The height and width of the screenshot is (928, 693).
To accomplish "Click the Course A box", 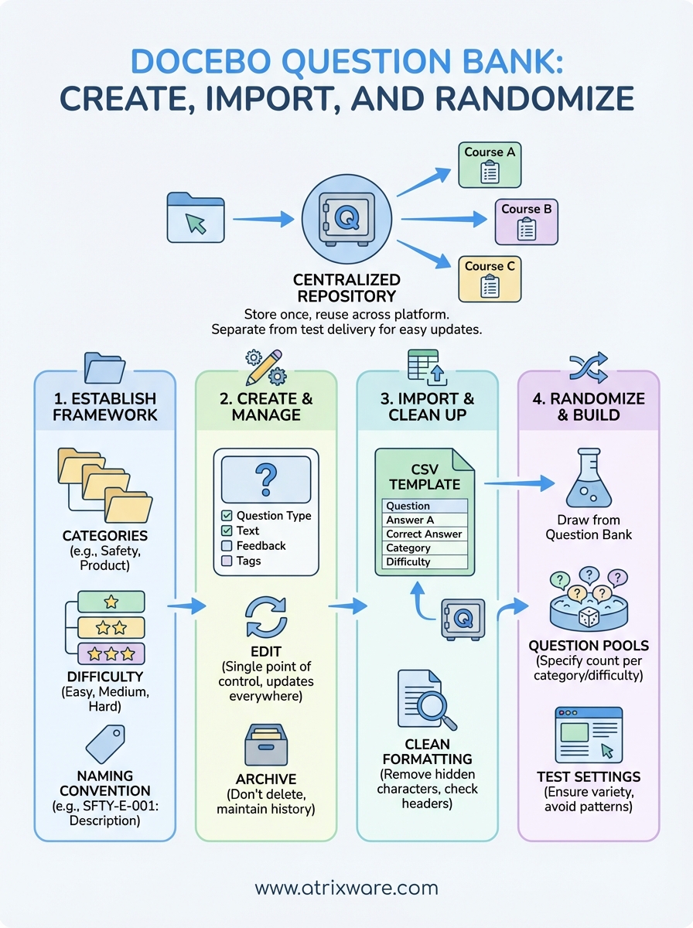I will point(489,165).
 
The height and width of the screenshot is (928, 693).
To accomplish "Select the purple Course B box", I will point(526,220).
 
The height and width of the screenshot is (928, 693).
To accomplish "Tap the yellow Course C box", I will point(489,278).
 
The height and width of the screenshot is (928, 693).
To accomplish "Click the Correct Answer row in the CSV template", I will point(424,534).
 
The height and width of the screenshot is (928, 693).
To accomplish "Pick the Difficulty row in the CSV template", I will point(424,562).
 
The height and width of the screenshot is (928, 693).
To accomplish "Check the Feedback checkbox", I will point(227,546).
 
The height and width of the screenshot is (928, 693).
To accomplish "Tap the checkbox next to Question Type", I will point(227,516).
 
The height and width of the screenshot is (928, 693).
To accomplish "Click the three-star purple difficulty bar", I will point(111,653).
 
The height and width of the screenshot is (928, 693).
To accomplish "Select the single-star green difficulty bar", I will point(111,602).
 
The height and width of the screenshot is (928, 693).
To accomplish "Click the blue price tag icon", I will point(105,743).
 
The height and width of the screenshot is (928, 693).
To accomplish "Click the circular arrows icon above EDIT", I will point(266,616).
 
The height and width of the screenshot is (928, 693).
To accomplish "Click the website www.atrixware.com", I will point(346,888).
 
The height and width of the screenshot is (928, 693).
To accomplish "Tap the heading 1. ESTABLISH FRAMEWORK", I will point(106,407).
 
